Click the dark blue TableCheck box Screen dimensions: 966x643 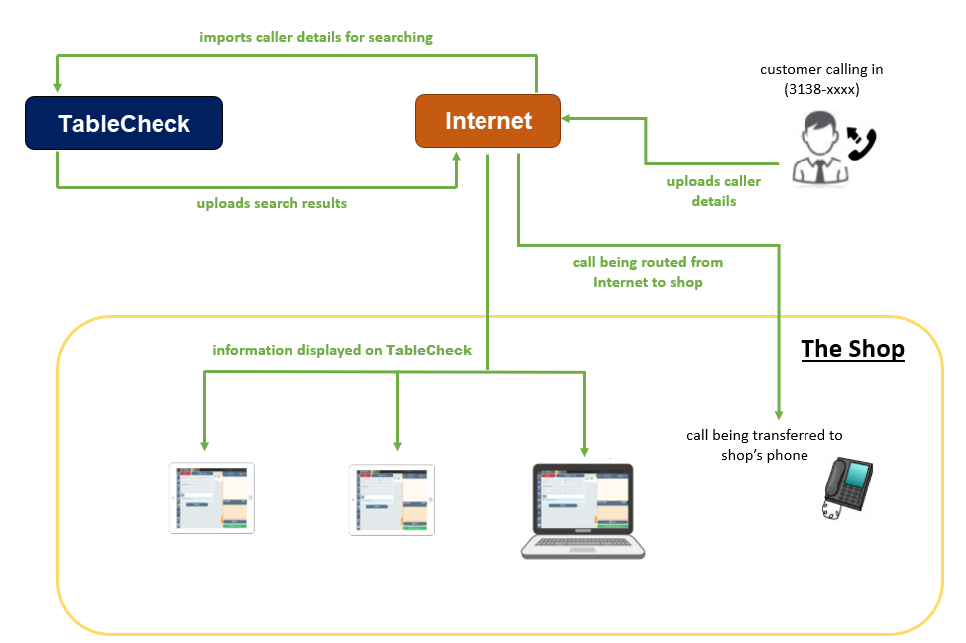click(x=124, y=123)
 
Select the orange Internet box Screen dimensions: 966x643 click(x=487, y=121)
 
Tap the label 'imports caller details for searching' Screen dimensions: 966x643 click(x=316, y=38)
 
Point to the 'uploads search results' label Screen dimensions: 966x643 click(x=272, y=203)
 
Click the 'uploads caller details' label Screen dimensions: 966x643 click(x=714, y=191)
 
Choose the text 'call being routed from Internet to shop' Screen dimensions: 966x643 click(x=648, y=272)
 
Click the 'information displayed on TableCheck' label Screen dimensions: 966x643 click(x=342, y=351)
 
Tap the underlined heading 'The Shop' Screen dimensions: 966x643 click(x=852, y=349)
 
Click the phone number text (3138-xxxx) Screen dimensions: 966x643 click(x=821, y=90)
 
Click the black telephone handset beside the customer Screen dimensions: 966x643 click(x=862, y=143)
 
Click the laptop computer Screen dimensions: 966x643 click(x=583, y=511)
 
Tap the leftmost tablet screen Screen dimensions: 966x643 click(x=212, y=498)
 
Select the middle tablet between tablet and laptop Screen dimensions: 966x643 click(x=392, y=500)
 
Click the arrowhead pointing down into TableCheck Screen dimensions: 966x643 click(x=57, y=87)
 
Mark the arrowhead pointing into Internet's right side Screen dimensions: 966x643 click(x=566, y=118)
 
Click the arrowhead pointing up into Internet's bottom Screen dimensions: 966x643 click(x=457, y=157)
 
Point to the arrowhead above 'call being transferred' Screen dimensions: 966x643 click(x=779, y=415)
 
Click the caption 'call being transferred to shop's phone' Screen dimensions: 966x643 click(x=765, y=445)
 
